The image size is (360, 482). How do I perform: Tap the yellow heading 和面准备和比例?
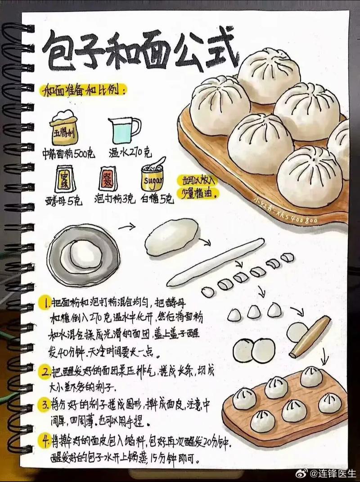tap(84, 91)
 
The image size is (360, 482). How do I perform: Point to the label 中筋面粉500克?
tap(69, 153)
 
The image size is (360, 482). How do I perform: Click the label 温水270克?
tap(130, 153)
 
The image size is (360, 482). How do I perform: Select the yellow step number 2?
tap(45, 373)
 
